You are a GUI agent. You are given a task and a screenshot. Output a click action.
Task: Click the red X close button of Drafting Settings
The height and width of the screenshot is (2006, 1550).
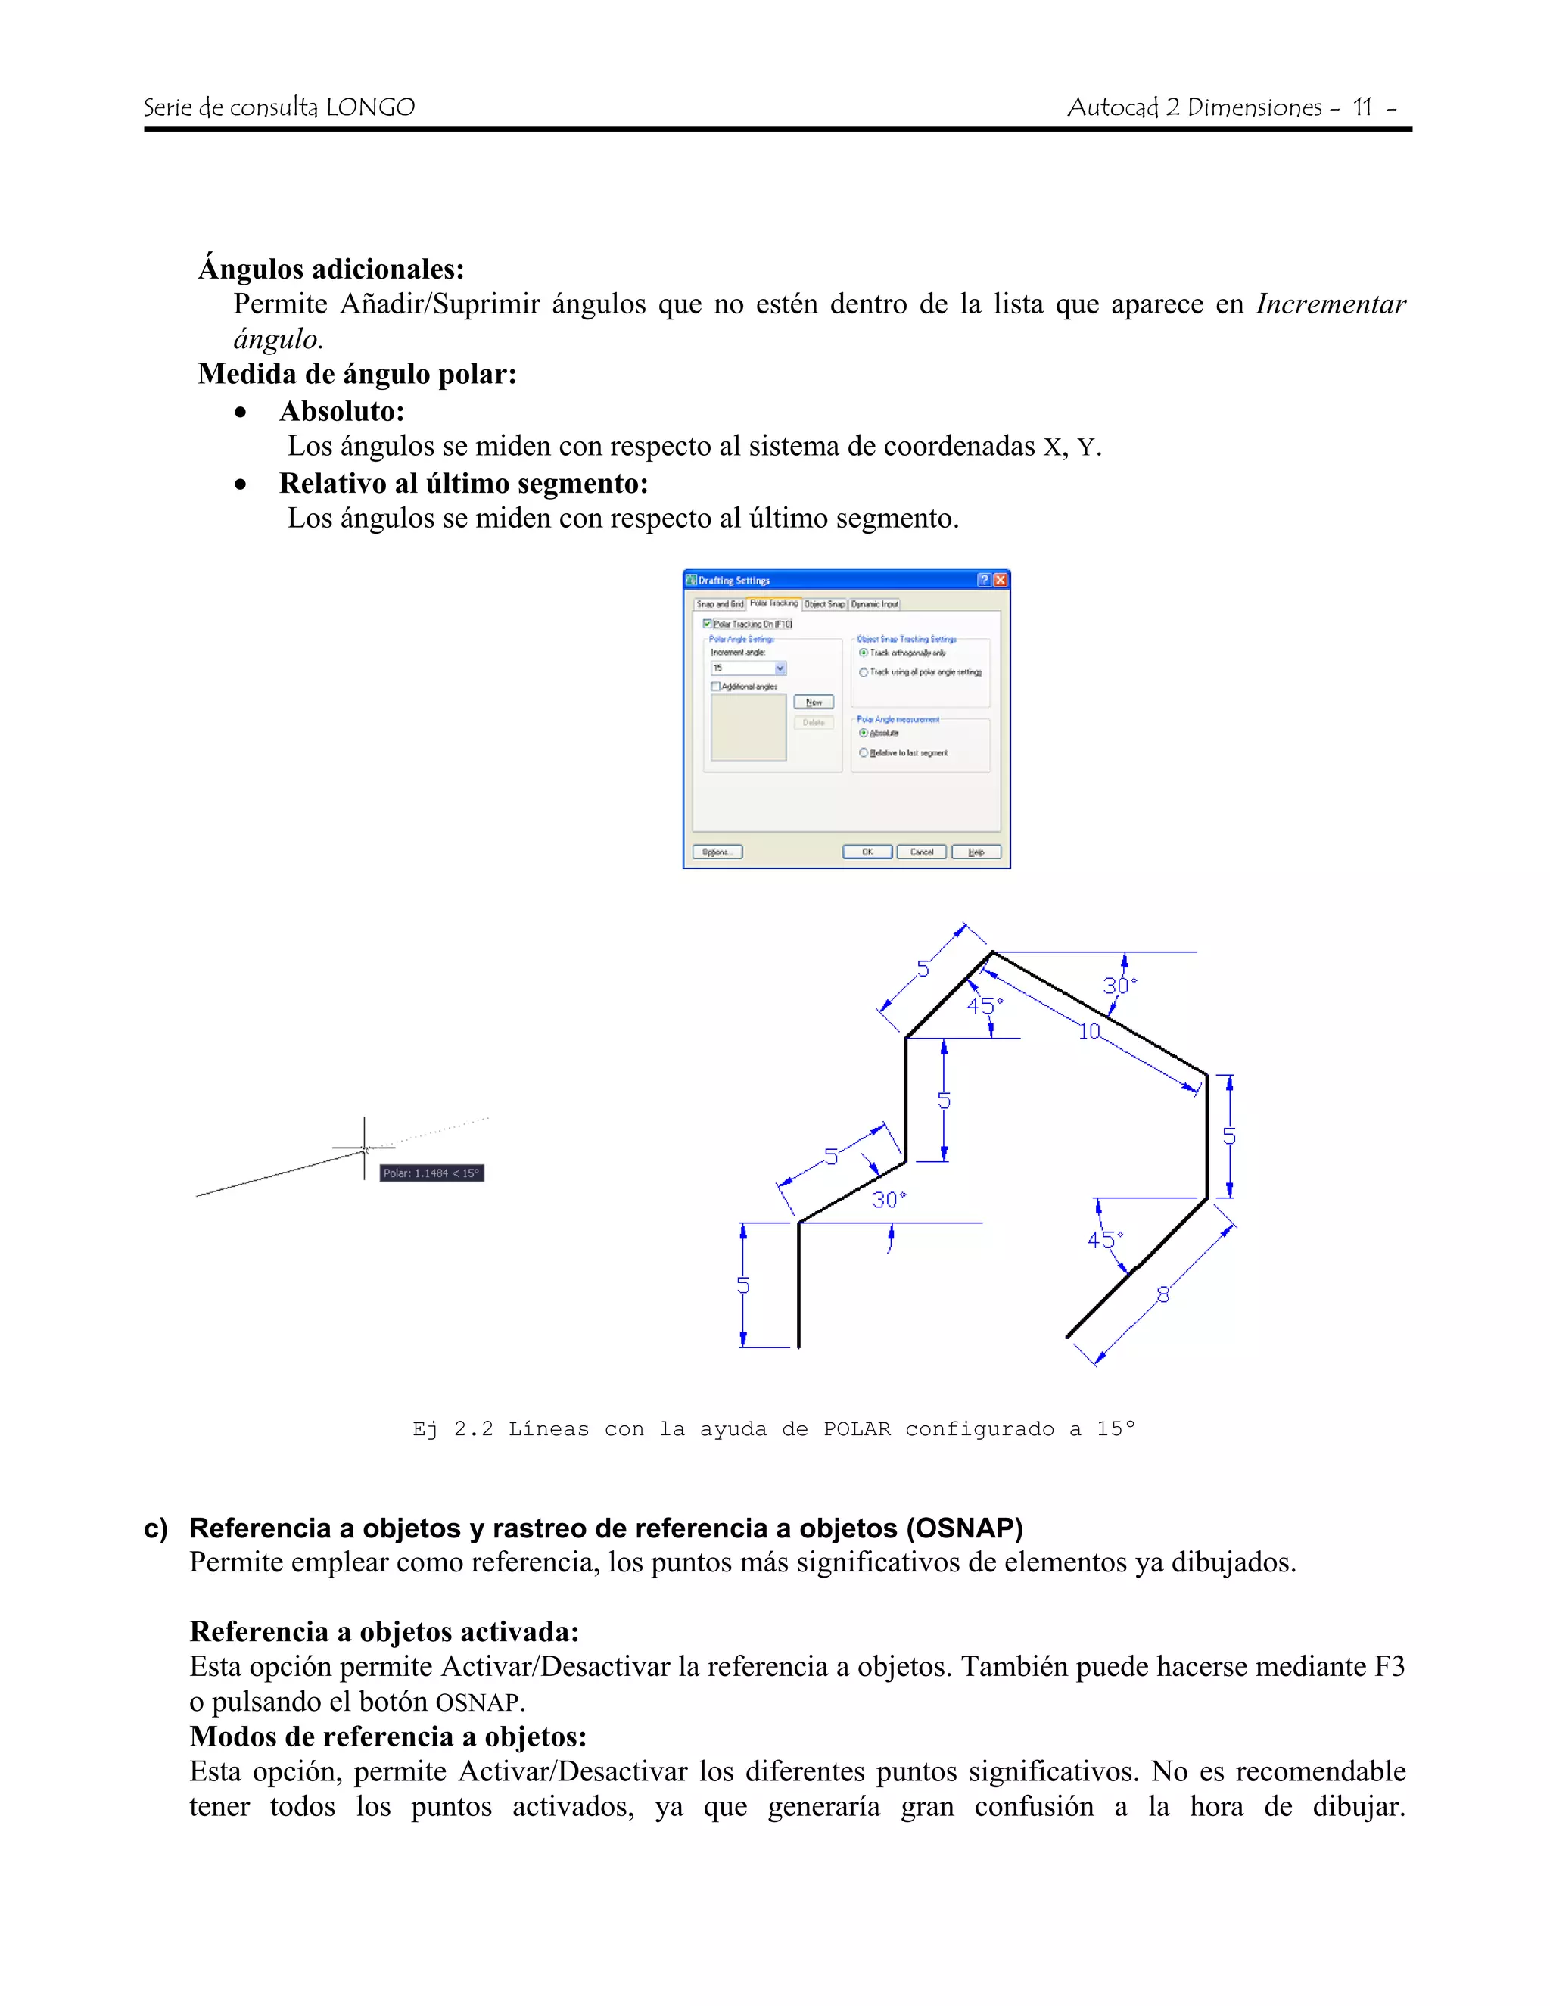click(x=1000, y=580)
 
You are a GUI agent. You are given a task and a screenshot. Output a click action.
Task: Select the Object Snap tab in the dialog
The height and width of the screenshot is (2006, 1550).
click(x=823, y=604)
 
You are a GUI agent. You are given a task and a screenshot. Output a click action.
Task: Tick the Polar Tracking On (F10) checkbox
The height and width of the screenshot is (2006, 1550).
click(x=707, y=624)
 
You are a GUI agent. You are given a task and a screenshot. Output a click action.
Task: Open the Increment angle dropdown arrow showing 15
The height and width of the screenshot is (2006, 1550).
click(x=780, y=668)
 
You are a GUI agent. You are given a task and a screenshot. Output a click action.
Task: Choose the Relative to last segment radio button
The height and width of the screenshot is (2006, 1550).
click(x=863, y=753)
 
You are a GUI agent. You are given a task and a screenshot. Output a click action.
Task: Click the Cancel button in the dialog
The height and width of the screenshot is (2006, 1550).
click(x=921, y=852)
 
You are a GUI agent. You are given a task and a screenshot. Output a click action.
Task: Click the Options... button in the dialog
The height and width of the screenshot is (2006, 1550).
click(x=717, y=852)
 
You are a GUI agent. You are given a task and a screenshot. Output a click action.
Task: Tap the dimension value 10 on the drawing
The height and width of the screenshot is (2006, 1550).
click(x=1089, y=1032)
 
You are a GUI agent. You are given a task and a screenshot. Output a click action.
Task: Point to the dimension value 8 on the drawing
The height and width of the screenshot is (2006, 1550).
click(x=1162, y=1295)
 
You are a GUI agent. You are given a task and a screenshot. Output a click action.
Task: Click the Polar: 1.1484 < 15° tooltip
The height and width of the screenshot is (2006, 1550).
click(x=431, y=1173)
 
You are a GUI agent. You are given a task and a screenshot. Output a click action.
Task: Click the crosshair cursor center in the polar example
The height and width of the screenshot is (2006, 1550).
click(x=365, y=1148)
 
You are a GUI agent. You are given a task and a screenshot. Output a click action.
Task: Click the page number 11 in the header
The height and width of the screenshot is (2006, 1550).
click(x=1362, y=107)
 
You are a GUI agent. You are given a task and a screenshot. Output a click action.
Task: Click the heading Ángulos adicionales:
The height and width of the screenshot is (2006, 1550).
click(x=331, y=269)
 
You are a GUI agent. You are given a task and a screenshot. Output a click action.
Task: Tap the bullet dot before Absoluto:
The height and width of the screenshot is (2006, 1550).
click(x=241, y=413)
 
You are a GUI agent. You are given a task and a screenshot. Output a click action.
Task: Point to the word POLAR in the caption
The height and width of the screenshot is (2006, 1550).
click(x=856, y=1429)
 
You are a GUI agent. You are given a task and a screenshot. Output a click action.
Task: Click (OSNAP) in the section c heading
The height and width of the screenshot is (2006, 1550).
click(x=964, y=1528)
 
